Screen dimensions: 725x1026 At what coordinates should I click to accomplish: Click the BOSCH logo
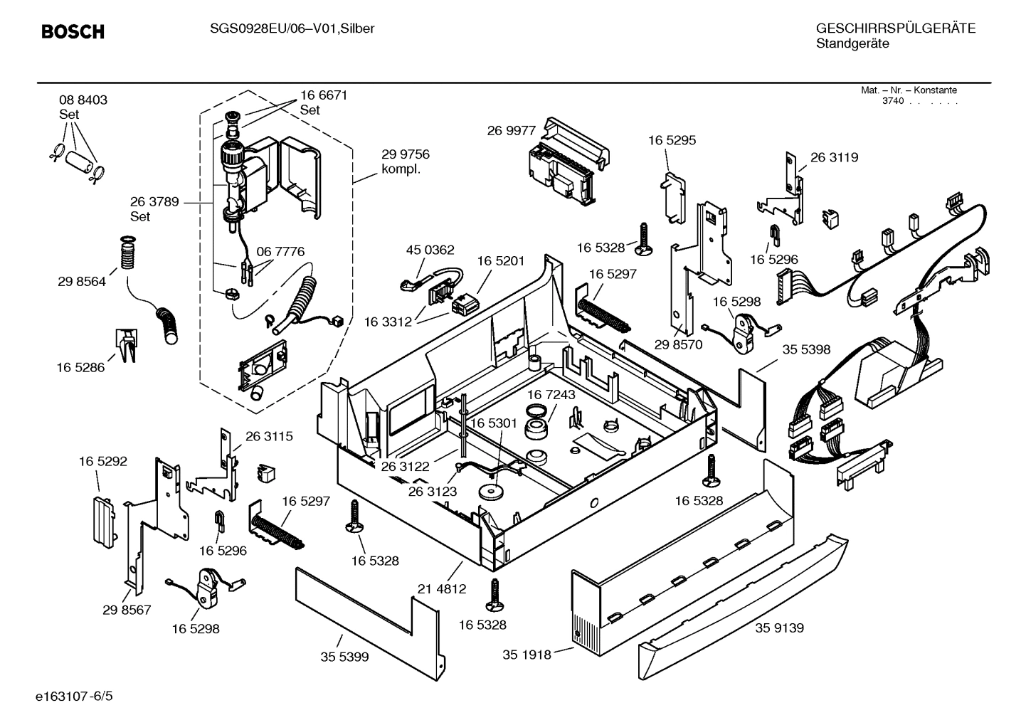pyautogui.click(x=73, y=31)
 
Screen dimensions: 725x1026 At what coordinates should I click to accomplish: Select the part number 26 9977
pyautogui.click(x=512, y=130)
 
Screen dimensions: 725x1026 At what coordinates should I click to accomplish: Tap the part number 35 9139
pyautogui.click(x=779, y=628)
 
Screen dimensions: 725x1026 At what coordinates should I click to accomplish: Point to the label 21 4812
pyautogui.click(x=442, y=588)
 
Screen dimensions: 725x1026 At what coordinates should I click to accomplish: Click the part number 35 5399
pyautogui.click(x=344, y=657)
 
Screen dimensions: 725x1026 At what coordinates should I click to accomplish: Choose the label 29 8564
pyautogui.click(x=82, y=281)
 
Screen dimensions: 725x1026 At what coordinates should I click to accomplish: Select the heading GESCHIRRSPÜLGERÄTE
pyautogui.click(x=895, y=28)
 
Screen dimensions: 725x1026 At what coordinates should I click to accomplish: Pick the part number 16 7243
pyautogui.click(x=551, y=394)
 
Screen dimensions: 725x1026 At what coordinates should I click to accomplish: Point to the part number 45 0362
pyautogui.click(x=430, y=250)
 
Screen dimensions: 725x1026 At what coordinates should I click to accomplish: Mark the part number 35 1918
pyautogui.click(x=527, y=655)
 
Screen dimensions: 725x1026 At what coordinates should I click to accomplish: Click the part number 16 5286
pyautogui.click(x=80, y=367)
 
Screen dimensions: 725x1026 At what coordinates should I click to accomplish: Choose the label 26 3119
pyautogui.click(x=834, y=157)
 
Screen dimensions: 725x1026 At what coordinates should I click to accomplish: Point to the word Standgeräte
pyautogui.click(x=852, y=43)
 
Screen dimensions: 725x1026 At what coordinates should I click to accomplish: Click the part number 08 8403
pyautogui.click(x=83, y=100)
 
